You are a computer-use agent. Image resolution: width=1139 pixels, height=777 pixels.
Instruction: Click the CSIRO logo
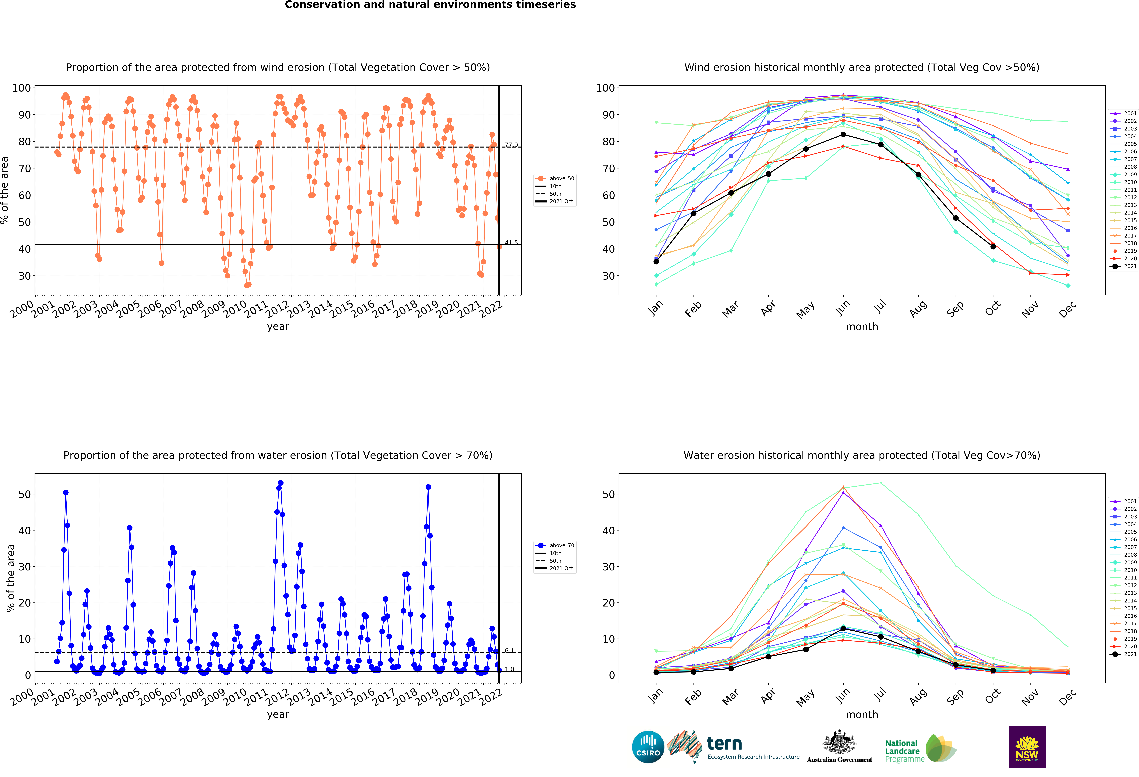tap(648, 747)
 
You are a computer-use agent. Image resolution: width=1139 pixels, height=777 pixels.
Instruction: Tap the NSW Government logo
tap(1027, 747)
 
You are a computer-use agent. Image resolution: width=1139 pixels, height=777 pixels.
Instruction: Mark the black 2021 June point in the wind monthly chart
tap(843, 134)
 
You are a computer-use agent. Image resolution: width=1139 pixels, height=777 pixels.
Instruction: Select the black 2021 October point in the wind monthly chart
tap(993, 246)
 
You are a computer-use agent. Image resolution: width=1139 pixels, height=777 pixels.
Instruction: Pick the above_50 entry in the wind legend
tap(555, 179)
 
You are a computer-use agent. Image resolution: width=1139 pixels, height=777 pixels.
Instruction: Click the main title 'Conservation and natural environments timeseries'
tap(430, 5)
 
